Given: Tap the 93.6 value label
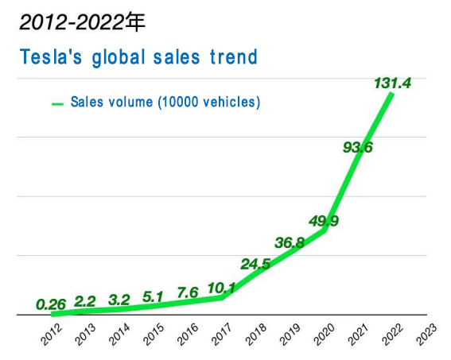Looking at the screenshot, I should pos(357,147).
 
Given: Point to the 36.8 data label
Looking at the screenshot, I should pos(290,243).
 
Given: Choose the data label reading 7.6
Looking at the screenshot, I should pos(187,293).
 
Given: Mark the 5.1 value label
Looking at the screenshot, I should pos(154,298).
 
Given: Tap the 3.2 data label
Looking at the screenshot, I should pos(119,300).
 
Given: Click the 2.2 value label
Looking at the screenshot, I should pos(85,301).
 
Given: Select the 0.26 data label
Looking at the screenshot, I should pos(51,303).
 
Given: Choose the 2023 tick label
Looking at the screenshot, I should pos(427,336).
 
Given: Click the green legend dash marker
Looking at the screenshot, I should pos(57,103).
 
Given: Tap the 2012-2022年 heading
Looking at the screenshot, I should pos(83,22).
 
